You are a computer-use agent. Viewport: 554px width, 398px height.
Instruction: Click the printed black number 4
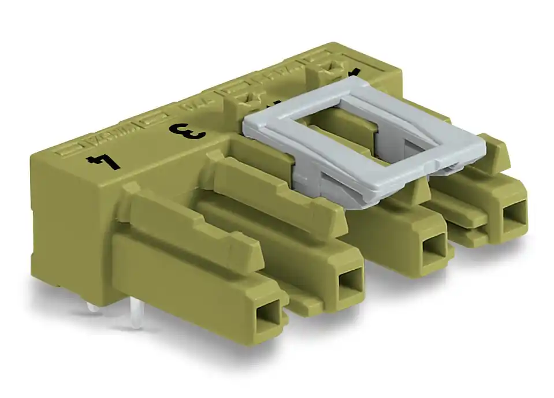click(103, 161)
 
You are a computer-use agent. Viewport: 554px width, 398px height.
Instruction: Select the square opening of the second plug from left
click(350, 283)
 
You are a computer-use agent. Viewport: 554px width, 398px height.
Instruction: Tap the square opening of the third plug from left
click(434, 247)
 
